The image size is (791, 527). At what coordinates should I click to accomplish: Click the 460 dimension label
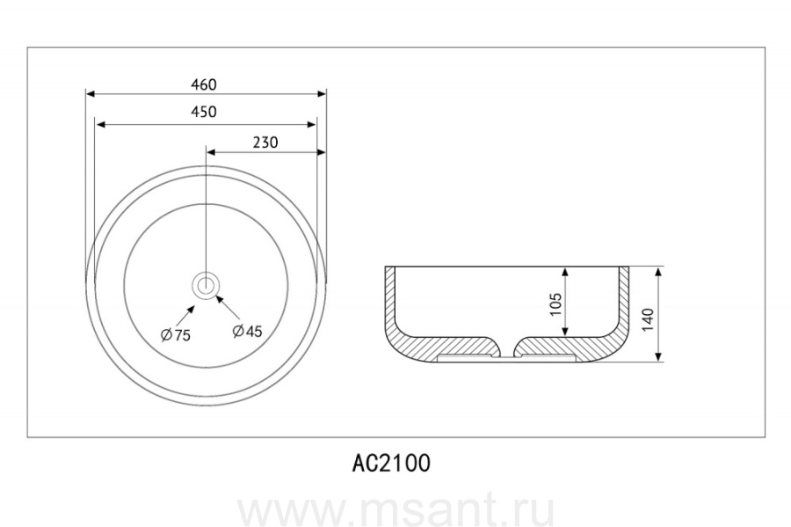pyautogui.click(x=204, y=84)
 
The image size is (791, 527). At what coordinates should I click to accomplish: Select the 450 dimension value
pyautogui.click(x=204, y=112)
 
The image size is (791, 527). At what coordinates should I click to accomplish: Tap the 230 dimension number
pyautogui.click(x=265, y=143)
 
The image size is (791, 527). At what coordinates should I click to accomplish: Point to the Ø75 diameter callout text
pyautogui.click(x=176, y=334)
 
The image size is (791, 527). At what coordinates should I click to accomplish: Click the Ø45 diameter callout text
pyautogui.click(x=247, y=331)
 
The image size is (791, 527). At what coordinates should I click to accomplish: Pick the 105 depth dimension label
pyautogui.click(x=555, y=304)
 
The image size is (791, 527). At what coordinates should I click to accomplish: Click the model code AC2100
pyautogui.click(x=391, y=463)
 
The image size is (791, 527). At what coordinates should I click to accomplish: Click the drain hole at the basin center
pyautogui.click(x=206, y=285)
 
